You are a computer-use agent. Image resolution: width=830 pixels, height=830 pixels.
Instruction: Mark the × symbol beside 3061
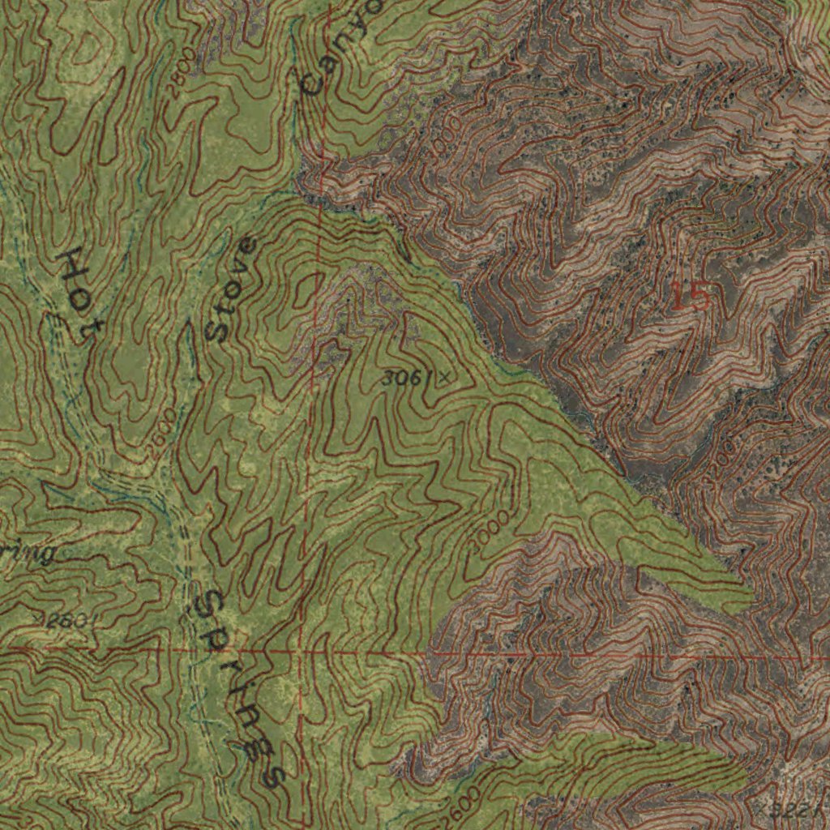pos(445,376)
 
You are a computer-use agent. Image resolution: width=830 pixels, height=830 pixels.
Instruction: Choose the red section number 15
pos(691,297)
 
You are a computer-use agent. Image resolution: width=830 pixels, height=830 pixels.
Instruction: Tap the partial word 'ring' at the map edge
pos(28,553)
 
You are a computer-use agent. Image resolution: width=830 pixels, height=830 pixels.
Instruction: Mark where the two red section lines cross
pos(301,651)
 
